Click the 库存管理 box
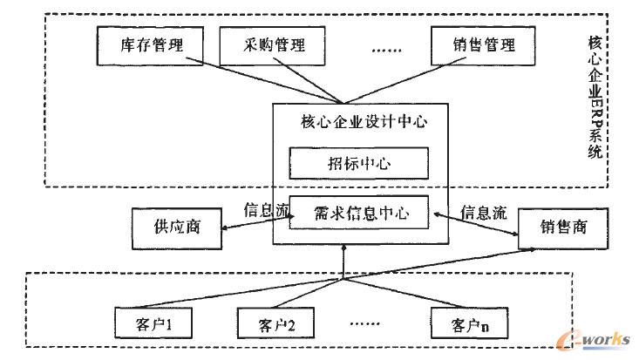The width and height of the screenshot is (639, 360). [149, 43]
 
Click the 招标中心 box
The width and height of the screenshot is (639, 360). [358, 163]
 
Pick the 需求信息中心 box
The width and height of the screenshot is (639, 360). [358, 210]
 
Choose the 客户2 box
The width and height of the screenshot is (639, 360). [276, 326]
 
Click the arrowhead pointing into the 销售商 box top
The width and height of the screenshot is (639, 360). [533, 248]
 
